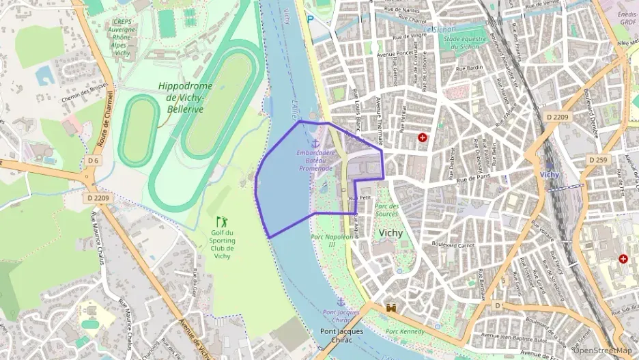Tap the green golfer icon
pos(221,221)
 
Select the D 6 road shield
pos(94,161)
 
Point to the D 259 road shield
pos(597,159)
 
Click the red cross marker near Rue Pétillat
pos(423,138)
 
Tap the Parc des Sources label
pos(386,210)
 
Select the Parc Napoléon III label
pos(332,240)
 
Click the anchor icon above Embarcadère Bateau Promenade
pos(315,143)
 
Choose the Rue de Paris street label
pos(474,178)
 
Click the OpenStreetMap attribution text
pos(601,350)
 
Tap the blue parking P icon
pos(311,19)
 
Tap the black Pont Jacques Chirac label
pos(342,336)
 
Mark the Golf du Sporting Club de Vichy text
pos(222,245)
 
